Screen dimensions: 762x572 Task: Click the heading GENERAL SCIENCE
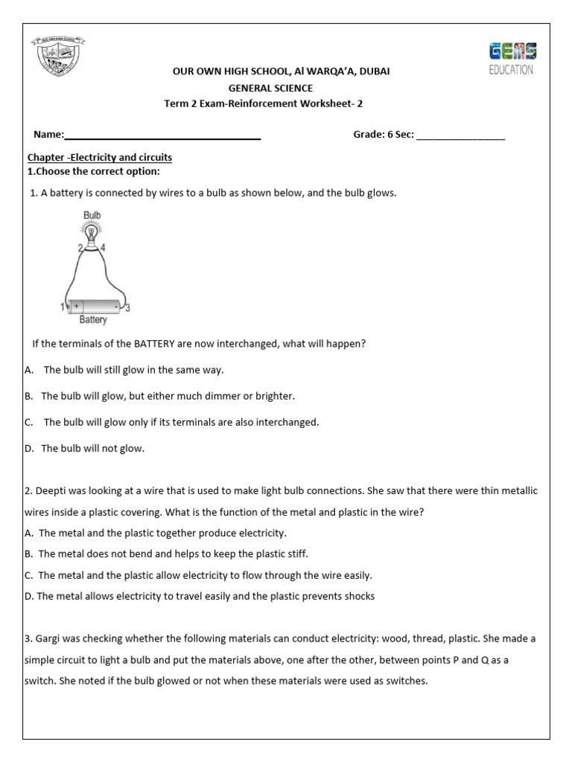(x=270, y=88)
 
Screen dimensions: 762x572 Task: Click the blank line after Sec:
(x=460, y=135)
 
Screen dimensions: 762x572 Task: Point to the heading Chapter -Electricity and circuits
(x=100, y=158)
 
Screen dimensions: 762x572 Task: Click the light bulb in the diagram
(x=91, y=234)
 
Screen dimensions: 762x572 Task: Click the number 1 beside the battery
(x=63, y=307)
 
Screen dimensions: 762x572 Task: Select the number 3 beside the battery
(x=128, y=307)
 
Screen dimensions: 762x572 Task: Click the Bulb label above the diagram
(x=92, y=216)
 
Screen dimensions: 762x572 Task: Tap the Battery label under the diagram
(x=93, y=321)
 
